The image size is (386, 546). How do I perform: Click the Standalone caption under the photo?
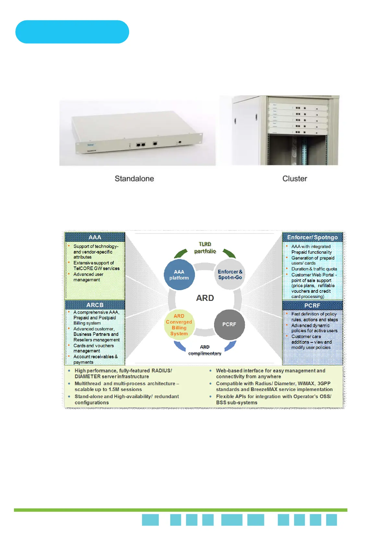[x=134, y=179]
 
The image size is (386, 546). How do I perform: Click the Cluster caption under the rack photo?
[x=295, y=179]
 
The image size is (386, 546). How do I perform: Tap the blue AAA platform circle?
[x=179, y=275]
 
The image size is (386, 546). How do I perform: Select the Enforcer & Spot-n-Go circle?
[x=230, y=275]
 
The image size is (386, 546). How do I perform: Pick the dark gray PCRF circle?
[x=229, y=325]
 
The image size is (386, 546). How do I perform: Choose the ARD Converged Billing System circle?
[x=179, y=325]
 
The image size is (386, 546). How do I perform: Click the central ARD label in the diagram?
[x=205, y=298]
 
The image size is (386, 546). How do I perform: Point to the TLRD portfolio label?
[x=205, y=247]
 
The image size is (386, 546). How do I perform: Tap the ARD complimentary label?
[x=205, y=350]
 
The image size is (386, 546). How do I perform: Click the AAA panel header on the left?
[x=95, y=237]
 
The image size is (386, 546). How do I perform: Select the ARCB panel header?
[x=95, y=305]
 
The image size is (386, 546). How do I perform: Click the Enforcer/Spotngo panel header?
[x=312, y=237]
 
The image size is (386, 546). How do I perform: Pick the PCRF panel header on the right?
[x=312, y=305]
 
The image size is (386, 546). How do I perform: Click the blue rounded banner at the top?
[x=72, y=32]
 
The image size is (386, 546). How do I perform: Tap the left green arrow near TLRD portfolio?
[x=181, y=253]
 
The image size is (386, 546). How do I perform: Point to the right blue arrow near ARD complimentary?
[x=230, y=346]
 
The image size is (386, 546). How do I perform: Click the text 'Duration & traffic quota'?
[x=314, y=269]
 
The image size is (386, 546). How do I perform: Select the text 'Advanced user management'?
[x=88, y=277]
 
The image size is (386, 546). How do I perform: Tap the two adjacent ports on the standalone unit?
[x=141, y=145]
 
